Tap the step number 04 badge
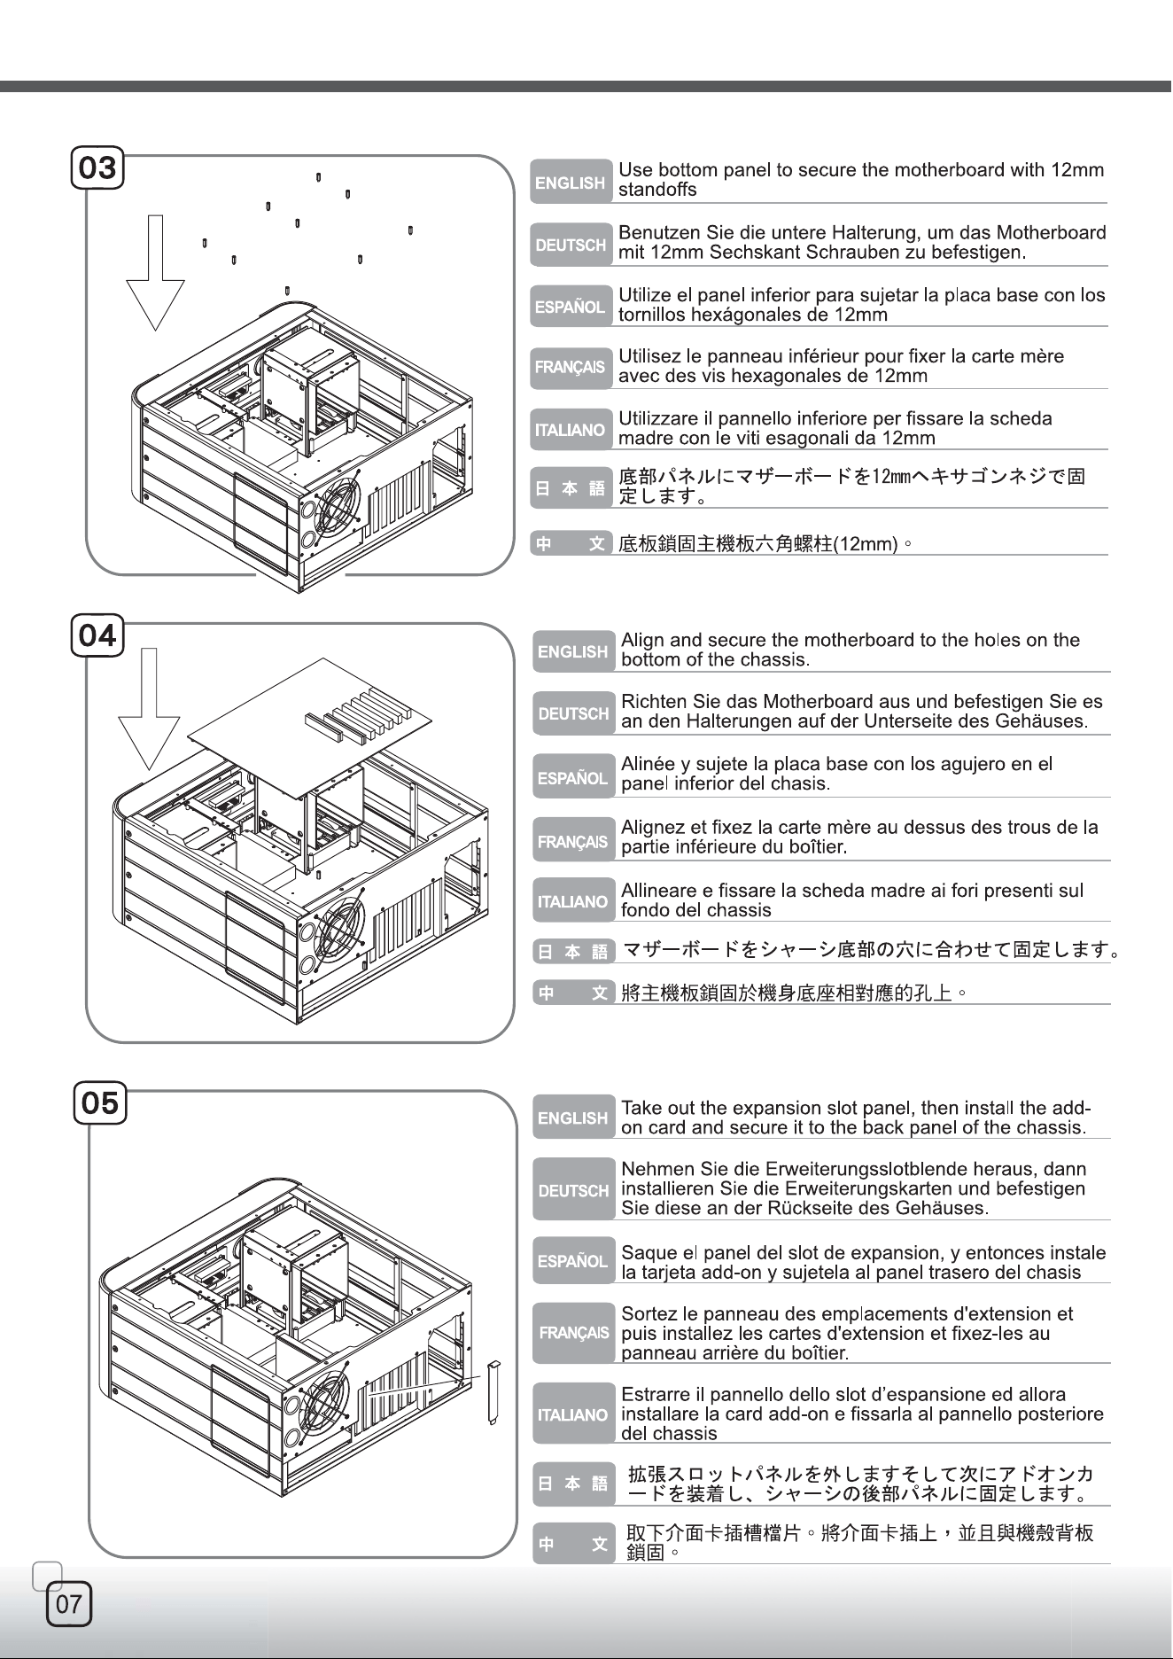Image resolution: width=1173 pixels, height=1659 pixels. (97, 635)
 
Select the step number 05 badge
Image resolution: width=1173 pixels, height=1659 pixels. (100, 1103)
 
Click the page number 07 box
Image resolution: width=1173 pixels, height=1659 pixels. (69, 1603)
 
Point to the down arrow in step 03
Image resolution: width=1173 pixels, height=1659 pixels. (155, 272)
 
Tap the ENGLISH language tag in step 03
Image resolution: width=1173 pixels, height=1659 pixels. (571, 183)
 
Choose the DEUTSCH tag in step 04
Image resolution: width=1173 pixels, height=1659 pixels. (573, 713)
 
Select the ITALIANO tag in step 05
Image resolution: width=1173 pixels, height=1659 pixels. (573, 1414)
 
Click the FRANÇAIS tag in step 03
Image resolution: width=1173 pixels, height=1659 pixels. (571, 367)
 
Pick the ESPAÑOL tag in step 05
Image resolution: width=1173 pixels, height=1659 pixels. (573, 1260)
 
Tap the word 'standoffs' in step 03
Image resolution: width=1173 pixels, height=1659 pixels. (657, 190)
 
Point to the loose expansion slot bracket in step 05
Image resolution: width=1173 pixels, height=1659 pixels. (494, 1391)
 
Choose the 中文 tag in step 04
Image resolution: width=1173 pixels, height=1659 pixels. (573, 993)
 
